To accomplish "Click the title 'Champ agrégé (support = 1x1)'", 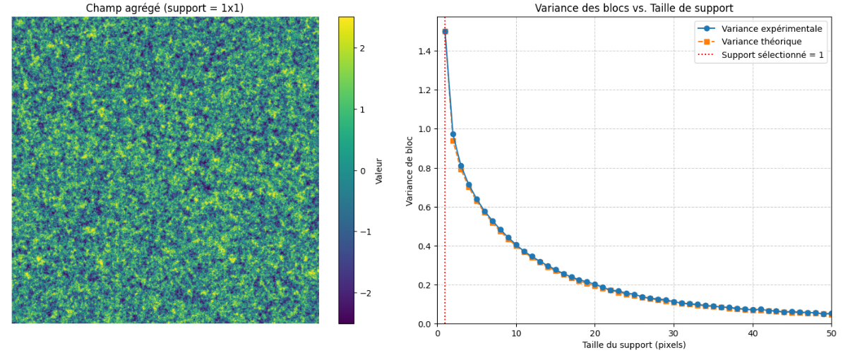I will [x=165, y=8].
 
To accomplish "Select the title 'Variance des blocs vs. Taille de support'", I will [x=634, y=8].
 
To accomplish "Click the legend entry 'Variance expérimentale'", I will [x=772, y=29].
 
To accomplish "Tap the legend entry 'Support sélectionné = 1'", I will [x=772, y=55].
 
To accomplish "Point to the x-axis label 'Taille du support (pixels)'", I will [x=634, y=345].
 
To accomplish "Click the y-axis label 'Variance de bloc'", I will [x=410, y=171].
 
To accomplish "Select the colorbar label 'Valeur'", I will [x=379, y=171].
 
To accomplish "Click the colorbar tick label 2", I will [x=362, y=48].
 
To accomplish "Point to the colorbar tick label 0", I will [x=362, y=171].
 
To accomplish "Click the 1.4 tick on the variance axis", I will [x=425, y=51].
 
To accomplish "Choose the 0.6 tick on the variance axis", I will [x=425, y=207].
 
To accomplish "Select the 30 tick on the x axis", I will [x=674, y=332].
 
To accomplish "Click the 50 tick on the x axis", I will [x=831, y=332].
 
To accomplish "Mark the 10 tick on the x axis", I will [x=516, y=332].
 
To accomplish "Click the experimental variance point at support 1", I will [x=445, y=31].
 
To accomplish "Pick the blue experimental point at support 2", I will [x=453, y=134].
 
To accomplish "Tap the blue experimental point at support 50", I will [x=831, y=314].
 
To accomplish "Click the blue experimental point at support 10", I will [x=516, y=245].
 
